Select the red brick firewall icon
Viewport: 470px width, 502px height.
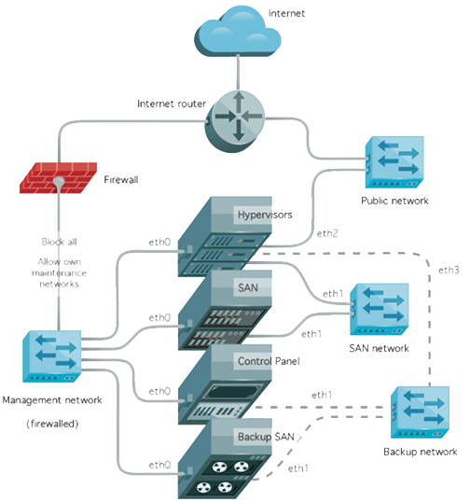point(59,175)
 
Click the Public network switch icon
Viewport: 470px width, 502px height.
point(394,164)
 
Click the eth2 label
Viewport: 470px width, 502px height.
point(327,231)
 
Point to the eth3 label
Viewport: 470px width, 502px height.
point(448,271)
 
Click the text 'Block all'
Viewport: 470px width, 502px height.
point(59,240)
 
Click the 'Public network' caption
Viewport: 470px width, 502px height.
point(394,201)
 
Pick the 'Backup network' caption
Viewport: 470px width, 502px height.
point(417,453)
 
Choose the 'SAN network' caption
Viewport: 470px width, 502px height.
point(379,348)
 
